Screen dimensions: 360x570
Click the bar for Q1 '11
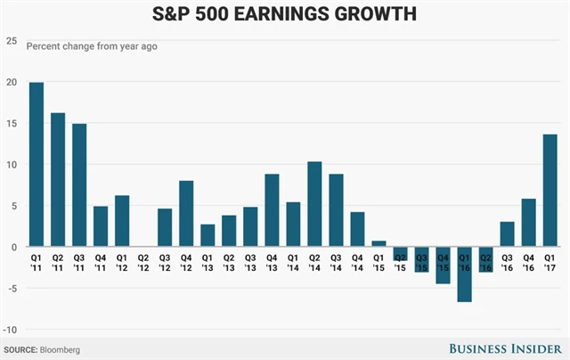click(x=37, y=165)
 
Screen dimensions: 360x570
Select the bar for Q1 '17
click(x=550, y=191)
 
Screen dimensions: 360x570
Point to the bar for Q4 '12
click(x=186, y=214)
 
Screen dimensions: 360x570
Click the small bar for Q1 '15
click(x=379, y=243)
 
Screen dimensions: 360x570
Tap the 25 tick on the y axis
click(x=11, y=41)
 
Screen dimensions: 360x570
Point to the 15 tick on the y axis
click(x=11, y=124)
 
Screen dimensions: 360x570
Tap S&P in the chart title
click(x=177, y=16)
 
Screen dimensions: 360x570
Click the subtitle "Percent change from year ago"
click(x=92, y=45)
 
